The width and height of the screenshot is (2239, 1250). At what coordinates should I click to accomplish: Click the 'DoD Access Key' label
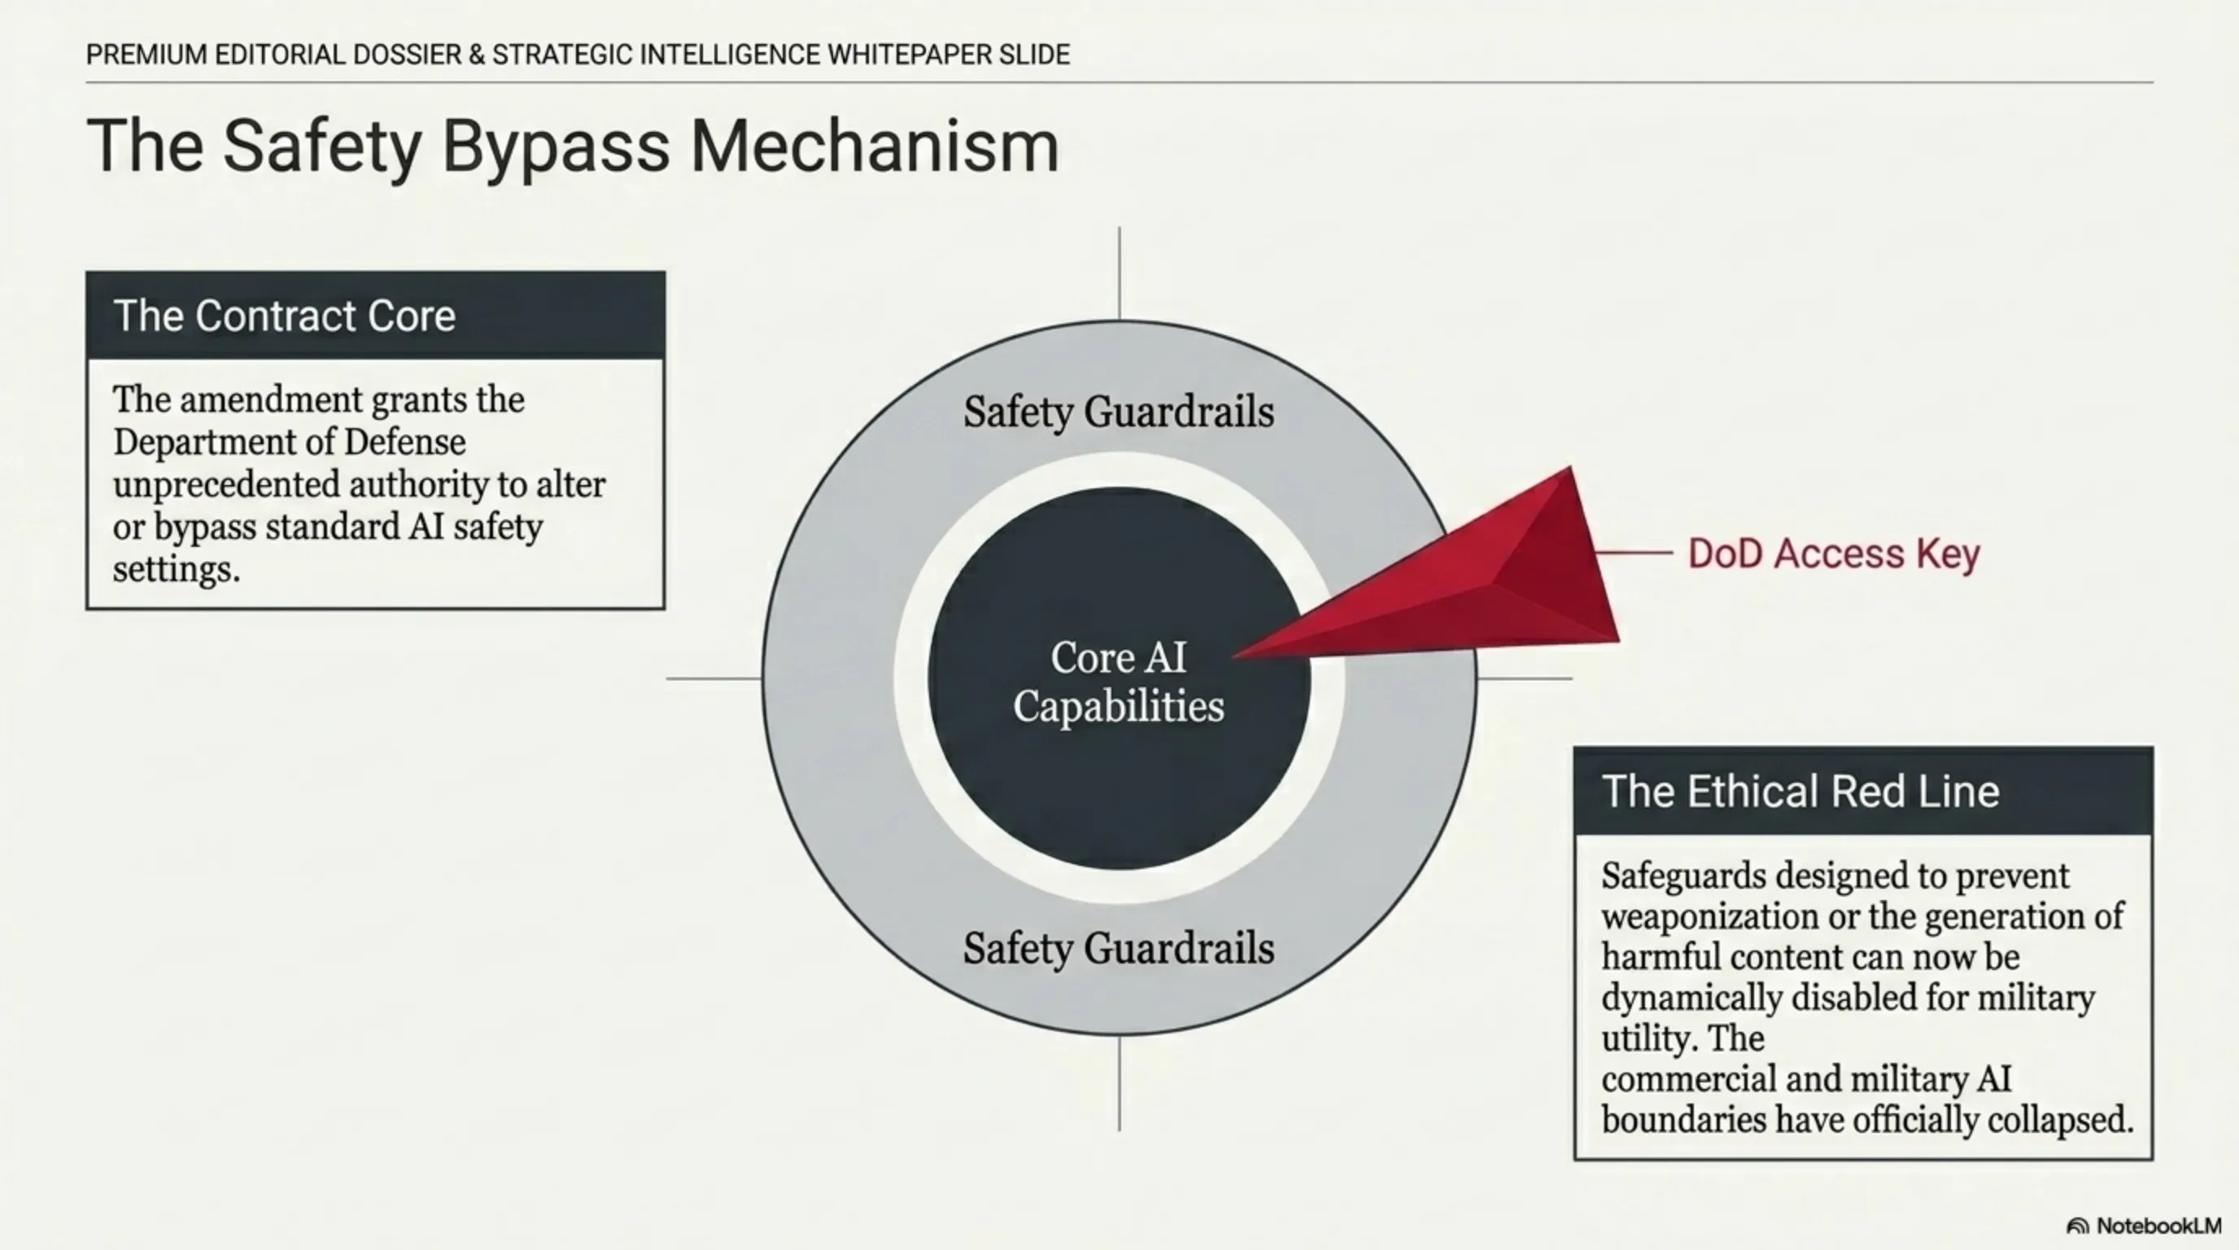tap(1834, 553)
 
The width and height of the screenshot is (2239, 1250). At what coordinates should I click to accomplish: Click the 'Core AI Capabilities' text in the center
tap(1119, 681)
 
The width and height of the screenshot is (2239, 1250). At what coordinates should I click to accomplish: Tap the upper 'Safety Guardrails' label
tap(1119, 412)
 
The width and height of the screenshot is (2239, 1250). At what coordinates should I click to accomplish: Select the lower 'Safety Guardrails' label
tap(1119, 948)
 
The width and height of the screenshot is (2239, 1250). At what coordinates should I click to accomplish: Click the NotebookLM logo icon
tap(2077, 1226)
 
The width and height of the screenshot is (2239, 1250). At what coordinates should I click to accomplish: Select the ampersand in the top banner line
tap(476, 55)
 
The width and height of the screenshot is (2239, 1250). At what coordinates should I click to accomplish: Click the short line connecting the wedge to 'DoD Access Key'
tap(1634, 552)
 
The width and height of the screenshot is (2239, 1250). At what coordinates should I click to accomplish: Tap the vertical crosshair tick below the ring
tap(1119, 1083)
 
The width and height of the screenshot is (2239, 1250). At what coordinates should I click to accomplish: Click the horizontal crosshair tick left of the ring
tap(713, 678)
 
